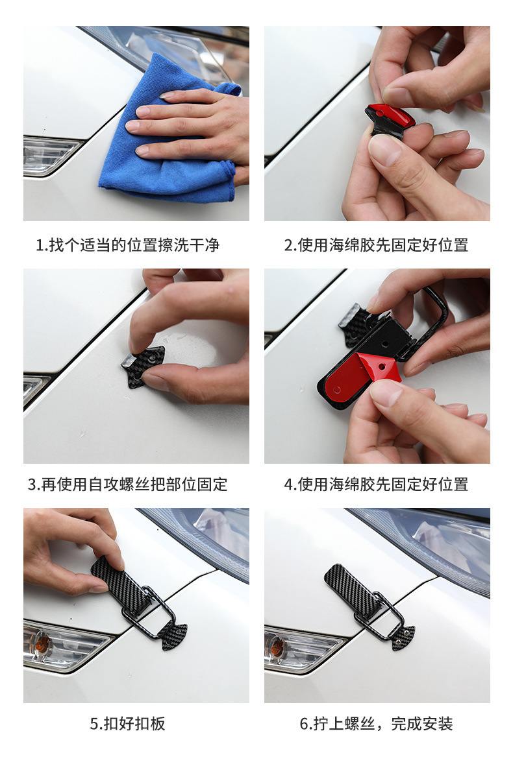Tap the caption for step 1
[127, 245]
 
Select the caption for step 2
[376, 245]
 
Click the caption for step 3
[127, 484]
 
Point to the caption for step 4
[376, 484]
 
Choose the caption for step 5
[127, 723]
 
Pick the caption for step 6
[376, 723]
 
